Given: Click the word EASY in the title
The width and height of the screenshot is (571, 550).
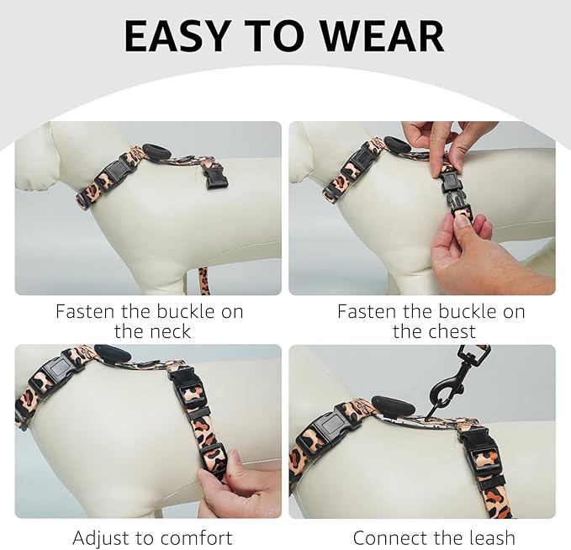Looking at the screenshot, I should (173, 35).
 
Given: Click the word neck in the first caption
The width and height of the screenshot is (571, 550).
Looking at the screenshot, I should (164, 331).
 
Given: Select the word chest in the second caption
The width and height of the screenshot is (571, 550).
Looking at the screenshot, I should (447, 331).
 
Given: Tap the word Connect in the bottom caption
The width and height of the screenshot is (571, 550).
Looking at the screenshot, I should (391, 537).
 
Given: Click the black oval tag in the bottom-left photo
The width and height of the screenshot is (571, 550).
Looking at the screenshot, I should (111, 354).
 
